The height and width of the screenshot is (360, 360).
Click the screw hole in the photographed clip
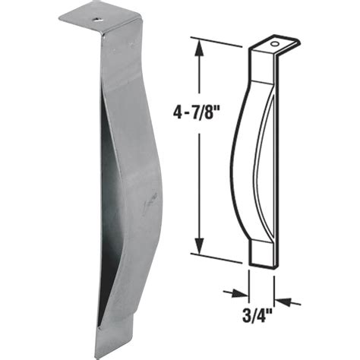[98, 14]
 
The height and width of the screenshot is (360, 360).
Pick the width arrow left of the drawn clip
[237, 291]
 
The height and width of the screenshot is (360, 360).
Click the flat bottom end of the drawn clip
[260, 254]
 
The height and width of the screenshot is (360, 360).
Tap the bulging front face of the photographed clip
[141, 190]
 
